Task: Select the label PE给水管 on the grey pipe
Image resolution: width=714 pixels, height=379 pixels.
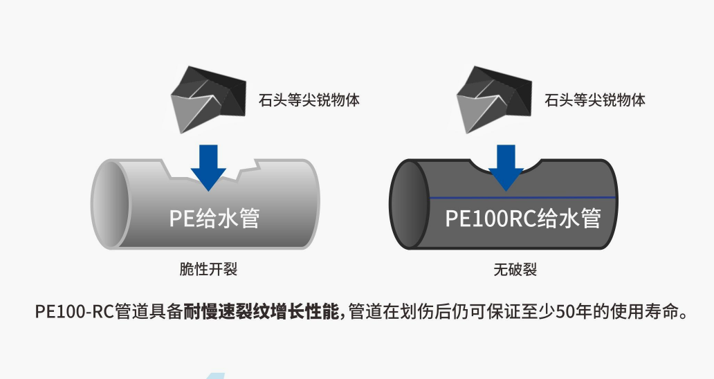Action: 214,219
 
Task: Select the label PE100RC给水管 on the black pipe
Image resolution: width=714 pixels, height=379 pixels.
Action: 522,219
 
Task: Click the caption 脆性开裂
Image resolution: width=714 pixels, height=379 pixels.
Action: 208,269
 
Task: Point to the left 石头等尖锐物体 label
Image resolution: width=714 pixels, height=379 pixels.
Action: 309,100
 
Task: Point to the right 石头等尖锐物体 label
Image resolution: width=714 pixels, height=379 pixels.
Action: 595,100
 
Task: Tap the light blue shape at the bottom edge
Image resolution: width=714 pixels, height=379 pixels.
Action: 216,375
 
